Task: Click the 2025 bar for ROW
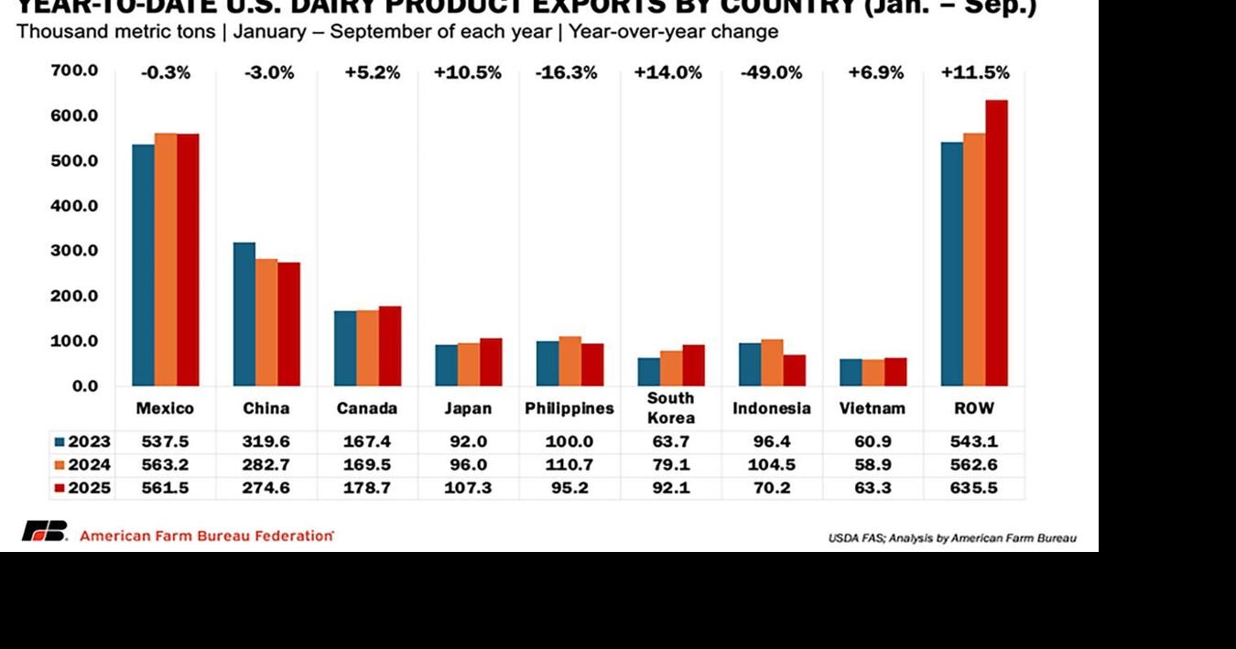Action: (996, 243)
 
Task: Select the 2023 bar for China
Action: (244, 314)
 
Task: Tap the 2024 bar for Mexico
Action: (166, 259)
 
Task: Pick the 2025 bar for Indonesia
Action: (794, 370)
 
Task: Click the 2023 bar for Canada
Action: (345, 348)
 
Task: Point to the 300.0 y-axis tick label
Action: (75, 251)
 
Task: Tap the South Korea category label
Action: (670, 408)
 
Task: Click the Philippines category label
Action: (569, 408)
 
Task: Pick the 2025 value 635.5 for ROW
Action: (973, 488)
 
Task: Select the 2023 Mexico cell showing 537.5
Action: (165, 441)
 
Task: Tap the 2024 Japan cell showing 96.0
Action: (468, 464)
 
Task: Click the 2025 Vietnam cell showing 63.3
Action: (872, 488)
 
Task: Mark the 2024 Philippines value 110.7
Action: (569, 464)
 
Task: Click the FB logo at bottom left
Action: (44, 532)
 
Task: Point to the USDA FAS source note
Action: (951, 538)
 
